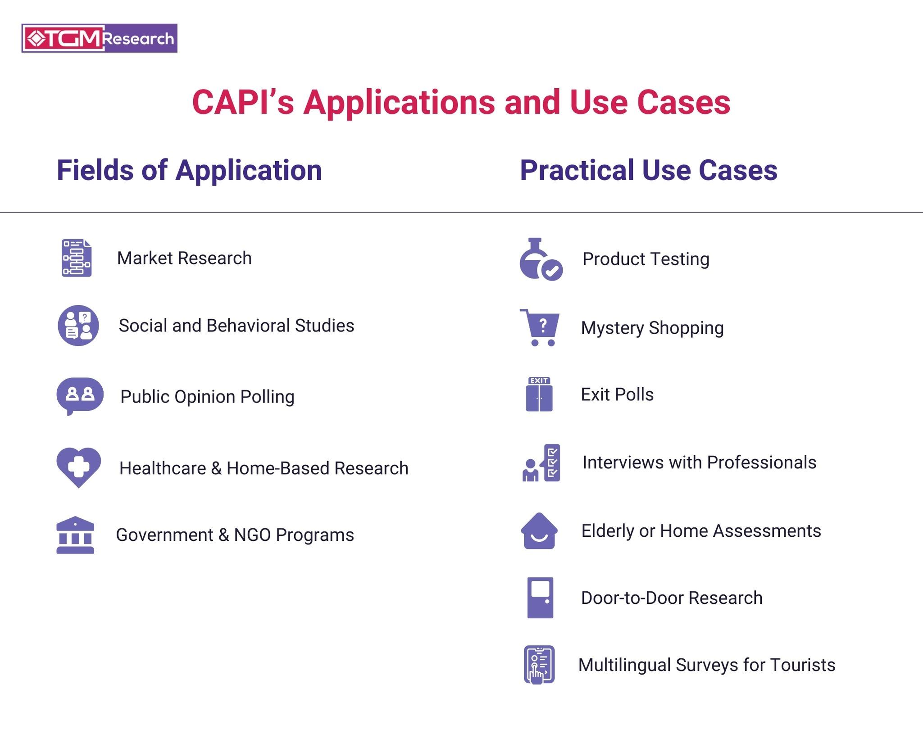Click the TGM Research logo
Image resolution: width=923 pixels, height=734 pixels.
coord(99,38)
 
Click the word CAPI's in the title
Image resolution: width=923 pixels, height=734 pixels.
coord(243,103)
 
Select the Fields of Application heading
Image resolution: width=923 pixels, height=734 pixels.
coord(189,170)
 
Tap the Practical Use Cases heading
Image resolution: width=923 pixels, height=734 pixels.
coord(648,170)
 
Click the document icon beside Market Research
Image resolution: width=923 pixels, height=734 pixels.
coord(77,258)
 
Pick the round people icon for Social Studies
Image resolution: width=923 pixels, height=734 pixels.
coord(78,326)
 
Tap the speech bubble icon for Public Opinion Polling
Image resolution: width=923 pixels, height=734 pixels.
coord(80,395)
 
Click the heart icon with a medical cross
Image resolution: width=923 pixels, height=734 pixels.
coord(78,467)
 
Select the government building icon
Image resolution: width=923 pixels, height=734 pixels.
coord(75,535)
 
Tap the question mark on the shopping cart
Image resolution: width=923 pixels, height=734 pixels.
coord(543,325)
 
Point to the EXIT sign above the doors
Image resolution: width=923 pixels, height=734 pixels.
coord(539,381)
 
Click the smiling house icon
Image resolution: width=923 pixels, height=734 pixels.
coord(539,531)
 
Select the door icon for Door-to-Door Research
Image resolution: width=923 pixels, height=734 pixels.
coord(540,598)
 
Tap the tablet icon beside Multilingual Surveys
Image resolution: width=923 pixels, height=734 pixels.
coord(539,664)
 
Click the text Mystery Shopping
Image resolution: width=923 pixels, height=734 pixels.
coord(652,328)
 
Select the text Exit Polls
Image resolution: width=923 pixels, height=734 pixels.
coord(617,394)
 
